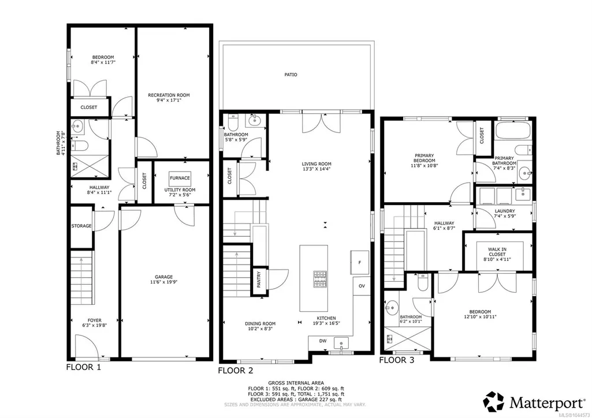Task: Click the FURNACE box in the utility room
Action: click(x=180, y=178)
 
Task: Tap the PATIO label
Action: click(x=291, y=74)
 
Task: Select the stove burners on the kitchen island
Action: click(x=320, y=279)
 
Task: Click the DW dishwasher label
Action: click(x=323, y=341)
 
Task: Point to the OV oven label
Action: click(x=362, y=286)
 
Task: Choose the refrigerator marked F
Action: click(x=360, y=262)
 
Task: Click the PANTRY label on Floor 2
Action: click(x=259, y=279)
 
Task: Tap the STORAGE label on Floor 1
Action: click(x=81, y=226)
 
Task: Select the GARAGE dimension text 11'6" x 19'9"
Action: click(x=163, y=282)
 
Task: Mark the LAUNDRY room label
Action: click(x=505, y=211)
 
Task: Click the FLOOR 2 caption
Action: click(x=235, y=371)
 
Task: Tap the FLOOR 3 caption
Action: click(x=396, y=360)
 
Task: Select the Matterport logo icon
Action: click(x=494, y=402)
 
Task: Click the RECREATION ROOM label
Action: click(x=169, y=95)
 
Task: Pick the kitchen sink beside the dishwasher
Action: click(x=341, y=344)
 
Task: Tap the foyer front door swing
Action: click(x=87, y=346)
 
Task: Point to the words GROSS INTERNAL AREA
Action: click(x=296, y=383)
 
